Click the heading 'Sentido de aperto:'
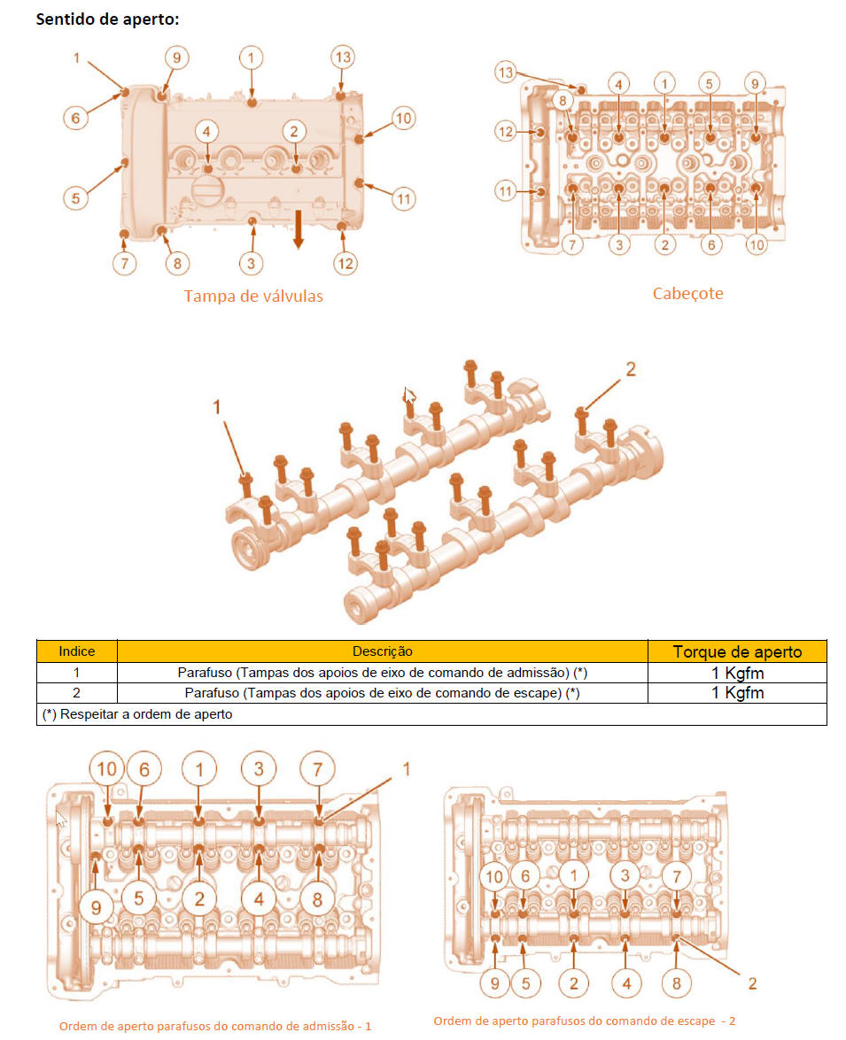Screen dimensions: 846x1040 (107, 19)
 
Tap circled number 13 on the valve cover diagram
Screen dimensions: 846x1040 (343, 58)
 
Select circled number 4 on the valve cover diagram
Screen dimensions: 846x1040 (206, 131)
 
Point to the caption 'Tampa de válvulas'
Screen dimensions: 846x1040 (253, 296)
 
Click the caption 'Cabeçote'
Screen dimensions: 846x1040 (688, 293)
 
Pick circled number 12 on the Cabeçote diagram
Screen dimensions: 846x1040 (506, 131)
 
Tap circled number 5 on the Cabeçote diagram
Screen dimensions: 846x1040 (710, 83)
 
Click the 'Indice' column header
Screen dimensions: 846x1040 (77, 651)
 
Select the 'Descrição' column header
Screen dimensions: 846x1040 (383, 651)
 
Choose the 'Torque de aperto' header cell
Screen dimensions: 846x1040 (737, 651)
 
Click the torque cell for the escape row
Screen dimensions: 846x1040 (737, 693)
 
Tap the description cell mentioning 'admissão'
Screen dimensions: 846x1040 (383, 673)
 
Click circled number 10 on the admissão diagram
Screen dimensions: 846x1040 (107, 769)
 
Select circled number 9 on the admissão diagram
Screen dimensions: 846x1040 (97, 907)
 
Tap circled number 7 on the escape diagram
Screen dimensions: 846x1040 (677, 876)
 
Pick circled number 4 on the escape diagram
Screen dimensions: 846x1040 (626, 983)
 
